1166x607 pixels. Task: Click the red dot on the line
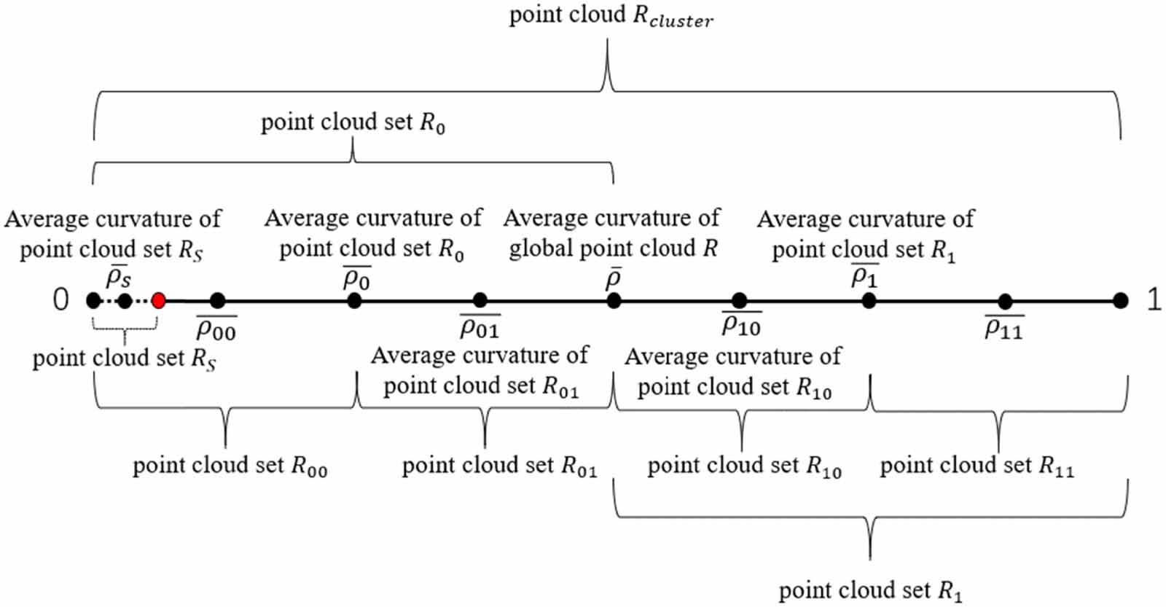pyautogui.click(x=158, y=300)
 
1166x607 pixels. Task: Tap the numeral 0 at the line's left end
pyautogui.click(x=61, y=299)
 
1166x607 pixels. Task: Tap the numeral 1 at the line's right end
pyautogui.click(x=1154, y=299)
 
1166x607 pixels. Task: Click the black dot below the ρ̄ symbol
pyautogui.click(x=614, y=300)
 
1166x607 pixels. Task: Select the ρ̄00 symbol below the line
pyautogui.click(x=216, y=330)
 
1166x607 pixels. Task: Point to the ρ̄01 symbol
pyautogui.click(x=479, y=328)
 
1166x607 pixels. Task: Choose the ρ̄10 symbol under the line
pyautogui.click(x=740, y=325)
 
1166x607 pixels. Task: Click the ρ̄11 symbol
pyautogui.click(x=1003, y=329)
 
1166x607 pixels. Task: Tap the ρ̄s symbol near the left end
pyautogui.click(x=118, y=277)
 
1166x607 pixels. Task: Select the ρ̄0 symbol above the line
pyautogui.click(x=356, y=278)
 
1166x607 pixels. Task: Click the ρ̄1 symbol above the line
pyautogui.click(x=864, y=276)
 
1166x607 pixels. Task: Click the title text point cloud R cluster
pyautogui.click(x=611, y=16)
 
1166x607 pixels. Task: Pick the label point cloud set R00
pyautogui.click(x=230, y=466)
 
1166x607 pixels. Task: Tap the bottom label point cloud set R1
pyautogui.click(x=870, y=590)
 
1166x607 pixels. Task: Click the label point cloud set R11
pyautogui.click(x=977, y=466)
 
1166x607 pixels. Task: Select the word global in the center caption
pyautogui.click(x=541, y=248)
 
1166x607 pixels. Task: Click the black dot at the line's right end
pyautogui.click(x=1121, y=300)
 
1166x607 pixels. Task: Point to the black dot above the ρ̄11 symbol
pyautogui.click(x=1005, y=301)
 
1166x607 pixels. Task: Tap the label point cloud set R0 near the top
pyautogui.click(x=353, y=122)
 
